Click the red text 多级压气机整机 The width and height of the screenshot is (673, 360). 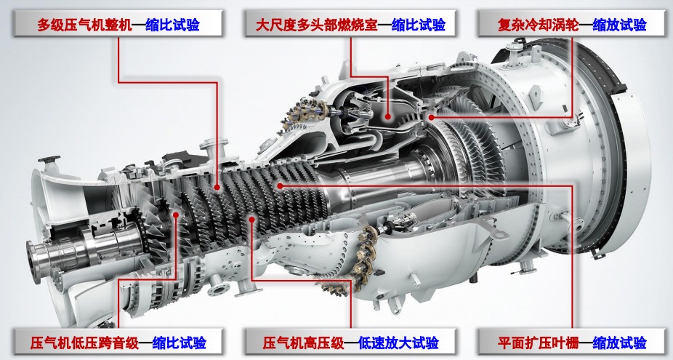tap(84, 25)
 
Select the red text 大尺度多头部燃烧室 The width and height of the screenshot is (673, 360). tap(316, 25)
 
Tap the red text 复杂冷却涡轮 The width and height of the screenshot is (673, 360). tap(538, 25)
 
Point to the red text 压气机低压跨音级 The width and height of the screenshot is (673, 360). tap(84, 343)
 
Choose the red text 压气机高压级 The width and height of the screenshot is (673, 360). tap(304, 343)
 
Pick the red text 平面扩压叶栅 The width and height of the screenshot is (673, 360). tap(538, 343)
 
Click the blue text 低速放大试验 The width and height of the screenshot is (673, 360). tap(398, 343)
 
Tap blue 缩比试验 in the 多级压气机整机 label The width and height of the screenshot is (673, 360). tap(172, 25)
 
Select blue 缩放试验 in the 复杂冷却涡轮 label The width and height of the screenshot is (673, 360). tap(619, 25)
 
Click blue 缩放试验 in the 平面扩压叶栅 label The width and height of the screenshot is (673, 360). tap(619, 343)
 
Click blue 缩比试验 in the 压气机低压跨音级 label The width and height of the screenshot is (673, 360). tap(180, 343)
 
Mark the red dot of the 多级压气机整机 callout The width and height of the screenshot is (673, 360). tap(217, 188)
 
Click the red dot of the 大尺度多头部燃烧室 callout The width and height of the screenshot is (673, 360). tap(387, 116)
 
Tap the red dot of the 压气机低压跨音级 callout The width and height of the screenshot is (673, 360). tap(176, 215)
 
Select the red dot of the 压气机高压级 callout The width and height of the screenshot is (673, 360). tap(252, 219)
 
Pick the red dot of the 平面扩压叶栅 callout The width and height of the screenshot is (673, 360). tap(279, 185)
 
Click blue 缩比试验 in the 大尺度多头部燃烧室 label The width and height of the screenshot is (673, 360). tap(419, 25)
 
